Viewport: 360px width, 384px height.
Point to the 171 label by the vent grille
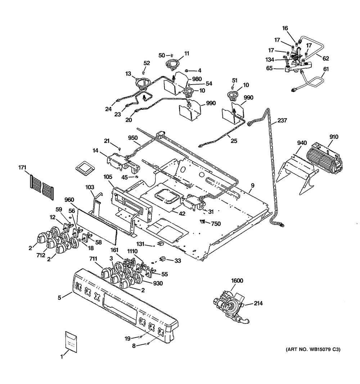22,168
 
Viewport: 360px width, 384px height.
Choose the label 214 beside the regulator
258,303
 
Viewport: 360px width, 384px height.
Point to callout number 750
216,223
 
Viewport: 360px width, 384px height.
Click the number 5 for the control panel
60,297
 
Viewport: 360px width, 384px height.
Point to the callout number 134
270,59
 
